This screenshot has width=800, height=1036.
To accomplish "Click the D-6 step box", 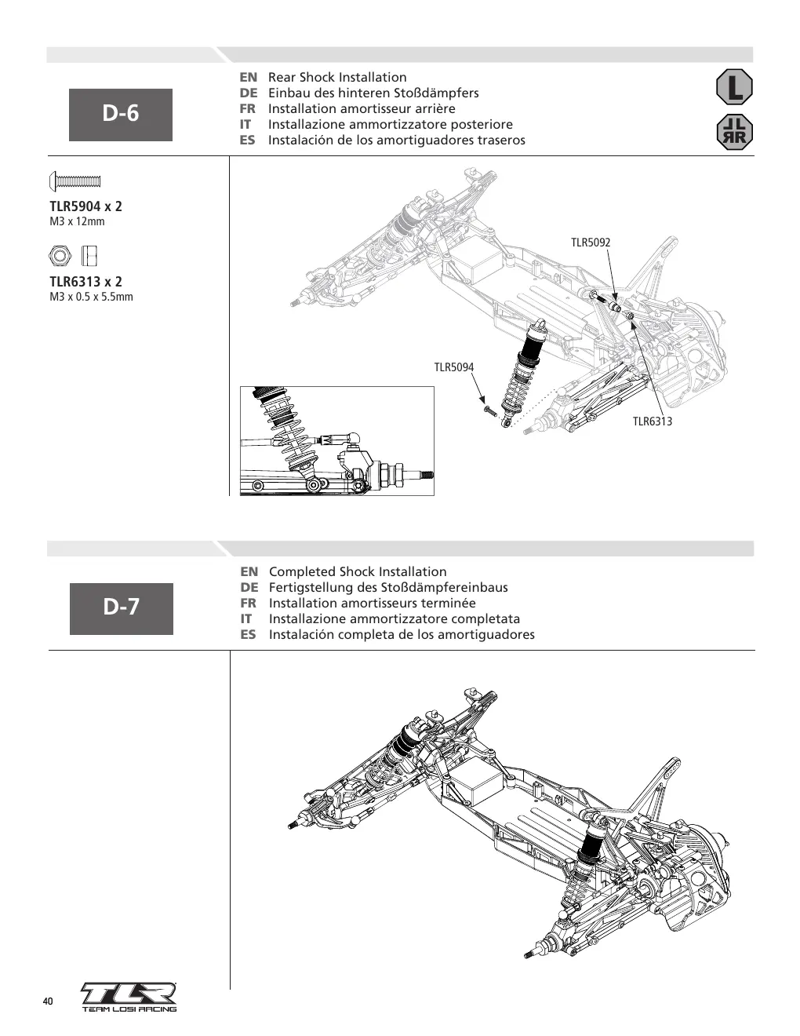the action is (x=121, y=115).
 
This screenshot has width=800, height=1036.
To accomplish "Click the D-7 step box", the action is (x=122, y=608).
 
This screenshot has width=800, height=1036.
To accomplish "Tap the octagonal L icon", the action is (x=734, y=87).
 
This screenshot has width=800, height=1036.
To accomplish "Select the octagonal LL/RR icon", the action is (x=734, y=132).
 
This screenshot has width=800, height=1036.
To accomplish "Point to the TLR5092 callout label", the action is (x=591, y=243).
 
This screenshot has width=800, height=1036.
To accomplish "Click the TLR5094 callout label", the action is (x=453, y=367).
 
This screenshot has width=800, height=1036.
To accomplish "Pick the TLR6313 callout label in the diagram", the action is (x=653, y=421).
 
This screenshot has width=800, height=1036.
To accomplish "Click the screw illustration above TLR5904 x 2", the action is (x=75, y=181).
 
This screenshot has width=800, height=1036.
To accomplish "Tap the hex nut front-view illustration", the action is (x=60, y=256).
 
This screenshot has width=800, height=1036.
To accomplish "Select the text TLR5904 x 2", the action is (x=85, y=206).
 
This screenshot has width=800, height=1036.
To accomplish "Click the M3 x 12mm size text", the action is (x=77, y=221).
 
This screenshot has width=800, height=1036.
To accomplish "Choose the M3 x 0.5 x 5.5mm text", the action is (x=92, y=297).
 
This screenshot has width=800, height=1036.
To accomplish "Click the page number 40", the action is (x=48, y=1001).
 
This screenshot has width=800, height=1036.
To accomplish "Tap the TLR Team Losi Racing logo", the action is (x=129, y=997).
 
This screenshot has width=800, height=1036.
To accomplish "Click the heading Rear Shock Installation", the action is (x=337, y=77).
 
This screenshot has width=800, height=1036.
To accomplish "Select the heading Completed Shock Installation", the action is (x=358, y=571).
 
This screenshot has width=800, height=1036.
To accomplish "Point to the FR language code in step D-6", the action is (x=248, y=108).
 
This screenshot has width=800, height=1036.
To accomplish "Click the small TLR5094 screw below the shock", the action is (x=490, y=410).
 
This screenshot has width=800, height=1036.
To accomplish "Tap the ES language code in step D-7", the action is (x=249, y=635).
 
